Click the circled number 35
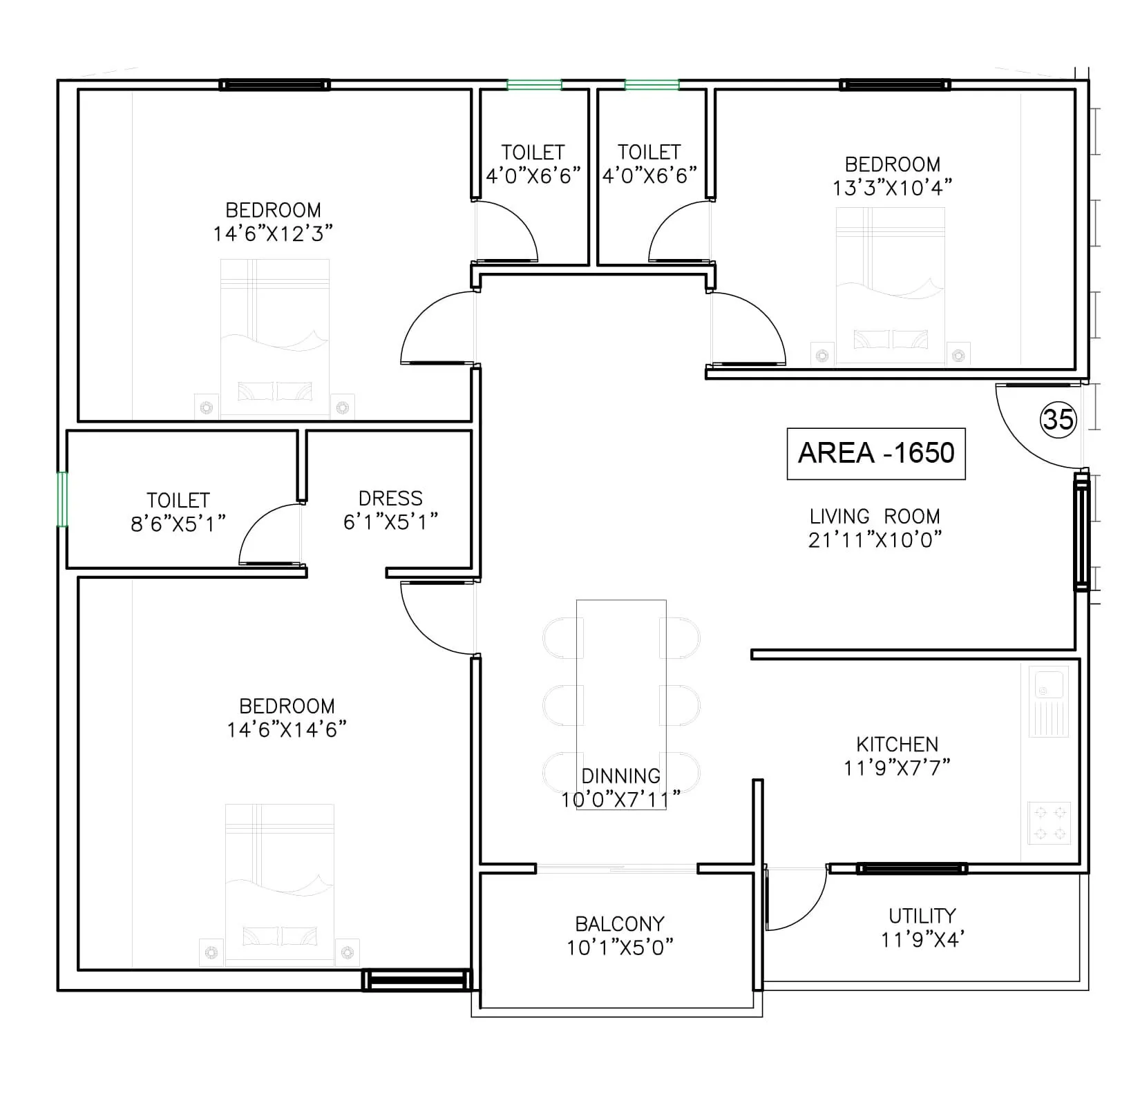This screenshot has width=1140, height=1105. pyautogui.click(x=1058, y=419)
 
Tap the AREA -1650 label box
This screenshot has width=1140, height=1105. pyautogui.click(x=876, y=453)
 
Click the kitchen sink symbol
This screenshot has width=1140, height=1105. pyautogui.click(x=1049, y=700)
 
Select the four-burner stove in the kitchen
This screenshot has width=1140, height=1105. pyautogui.click(x=1049, y=823)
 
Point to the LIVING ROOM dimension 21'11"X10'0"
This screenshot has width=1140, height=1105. pyautogui.click(x=875, y=540)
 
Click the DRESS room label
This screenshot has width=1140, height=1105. pyautogui.click(x=390, y=498)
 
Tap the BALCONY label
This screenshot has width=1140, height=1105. pyautogui.click(x=620, y=924)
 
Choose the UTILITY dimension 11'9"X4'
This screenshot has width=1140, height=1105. pyautogui.click(x=922, y=940)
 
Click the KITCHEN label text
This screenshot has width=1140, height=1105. pyautogui.click(x=897, y=744)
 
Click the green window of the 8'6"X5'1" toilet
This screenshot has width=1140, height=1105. pyautogui.click(x=62, y=499)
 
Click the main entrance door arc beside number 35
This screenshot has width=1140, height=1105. pyautogui.click(x=1033, y=428)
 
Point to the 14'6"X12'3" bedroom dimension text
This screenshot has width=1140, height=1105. pyautogui.click(x=273, y=233)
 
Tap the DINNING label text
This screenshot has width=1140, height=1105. pyautogui.click(x=620, y=776)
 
